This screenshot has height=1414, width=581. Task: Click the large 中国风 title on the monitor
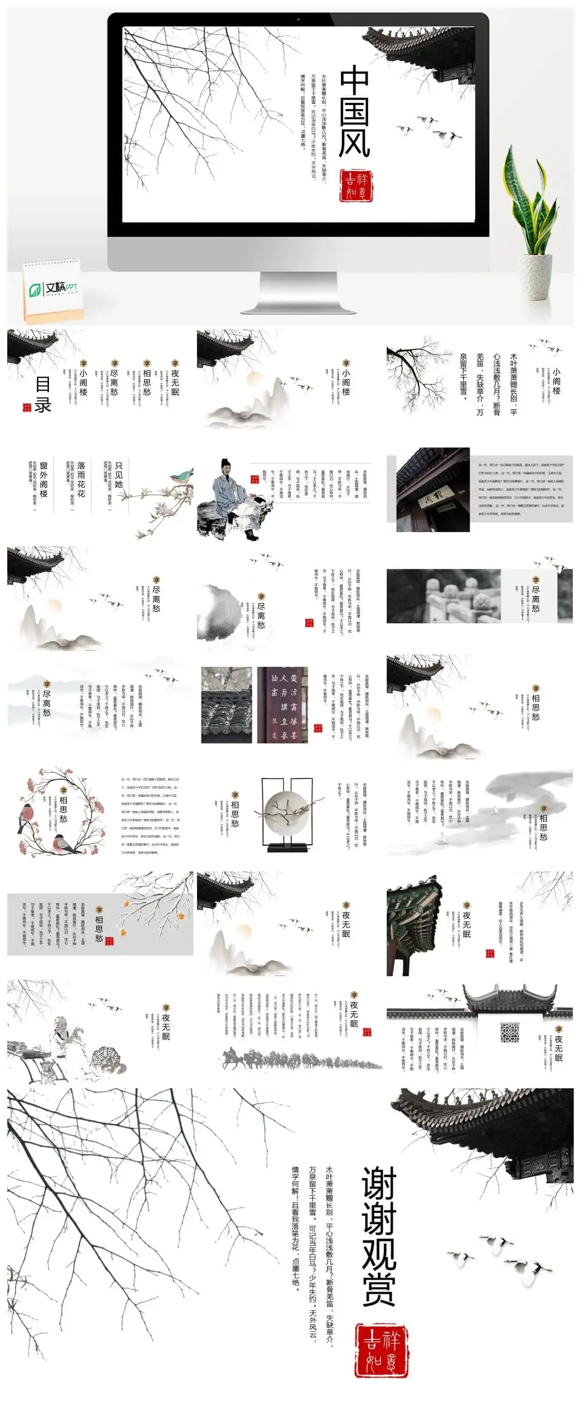354,113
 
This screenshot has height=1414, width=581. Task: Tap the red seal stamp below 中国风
356,186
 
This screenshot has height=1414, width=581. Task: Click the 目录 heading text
43,394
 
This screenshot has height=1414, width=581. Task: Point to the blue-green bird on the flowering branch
181,475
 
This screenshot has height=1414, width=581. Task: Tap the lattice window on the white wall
509,1032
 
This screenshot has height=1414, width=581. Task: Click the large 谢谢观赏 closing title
379,1235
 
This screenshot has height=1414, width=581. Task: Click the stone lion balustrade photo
444,596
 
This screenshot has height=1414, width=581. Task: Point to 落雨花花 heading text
81,480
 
